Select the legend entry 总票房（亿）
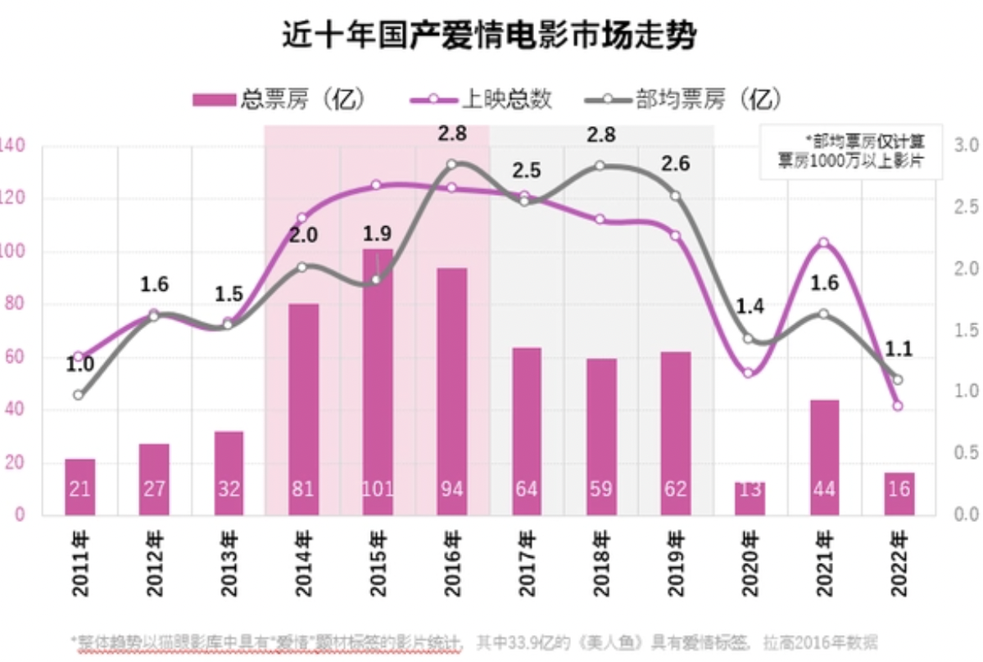pos(279,100)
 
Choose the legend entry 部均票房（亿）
pos(685,100)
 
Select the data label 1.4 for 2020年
pos(749,308)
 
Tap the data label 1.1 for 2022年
pos(898,348)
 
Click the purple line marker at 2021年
pos(824,243)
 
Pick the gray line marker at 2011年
pos(79,395)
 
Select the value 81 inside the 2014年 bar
pos(303,490)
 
